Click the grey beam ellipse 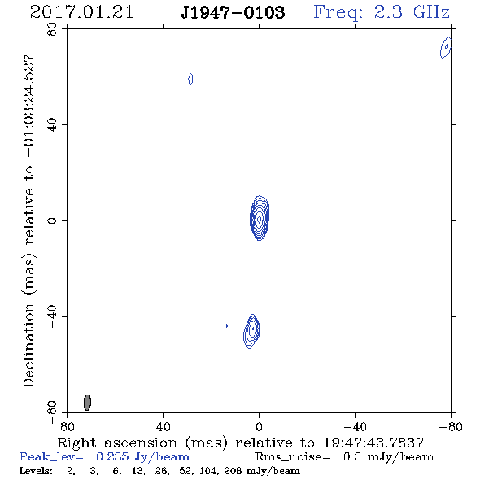87,403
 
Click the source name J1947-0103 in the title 233,12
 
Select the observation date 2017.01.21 81,12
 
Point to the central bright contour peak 260,218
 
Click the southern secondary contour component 251,331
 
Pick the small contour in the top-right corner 446,47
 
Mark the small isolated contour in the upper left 190,79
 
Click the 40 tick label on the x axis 163,427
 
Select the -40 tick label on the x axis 355,427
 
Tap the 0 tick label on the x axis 259,427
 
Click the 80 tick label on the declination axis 52,29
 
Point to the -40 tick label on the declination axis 52,316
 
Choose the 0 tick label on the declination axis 52,220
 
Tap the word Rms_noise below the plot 293,457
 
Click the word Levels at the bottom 36,471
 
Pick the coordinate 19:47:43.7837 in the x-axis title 373,443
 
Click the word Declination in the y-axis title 28,345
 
